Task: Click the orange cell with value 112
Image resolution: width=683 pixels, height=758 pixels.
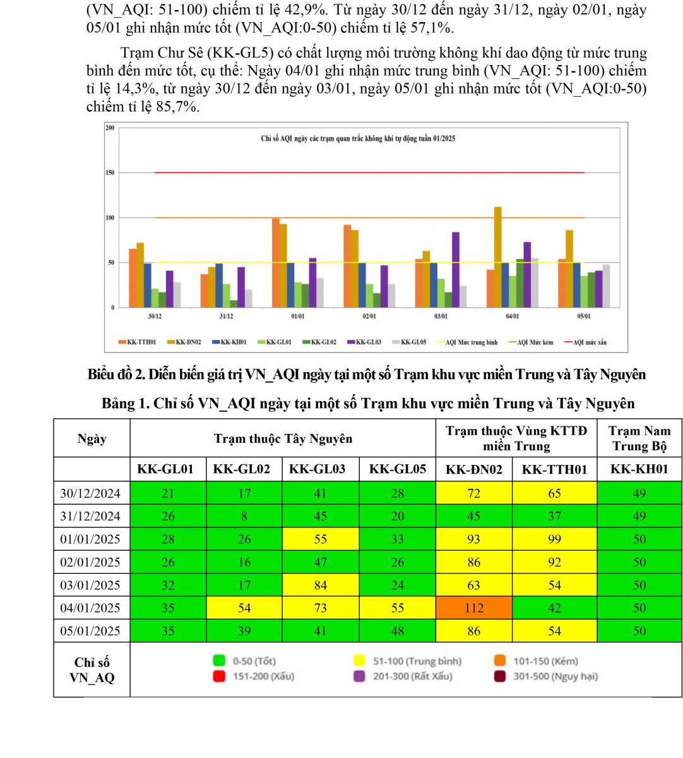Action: point(473,608)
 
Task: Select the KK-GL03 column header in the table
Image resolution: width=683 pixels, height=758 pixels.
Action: point(320,469)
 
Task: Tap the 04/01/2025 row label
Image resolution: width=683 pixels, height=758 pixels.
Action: point(90,608)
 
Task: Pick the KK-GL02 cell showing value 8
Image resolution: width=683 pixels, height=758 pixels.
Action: point(244,516)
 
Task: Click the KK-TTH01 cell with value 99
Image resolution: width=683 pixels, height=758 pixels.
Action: point(554,539)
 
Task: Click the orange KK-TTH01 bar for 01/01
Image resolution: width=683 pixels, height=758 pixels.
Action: point(276,262)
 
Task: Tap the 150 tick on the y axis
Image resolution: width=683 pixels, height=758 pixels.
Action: point(110,172)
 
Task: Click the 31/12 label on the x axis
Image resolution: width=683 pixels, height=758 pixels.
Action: point(226,316)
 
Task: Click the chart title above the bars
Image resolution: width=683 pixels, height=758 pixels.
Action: point(358,138)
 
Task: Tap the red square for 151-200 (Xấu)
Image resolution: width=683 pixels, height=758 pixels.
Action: point(219,677)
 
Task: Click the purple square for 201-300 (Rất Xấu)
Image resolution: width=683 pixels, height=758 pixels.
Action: point(359,677)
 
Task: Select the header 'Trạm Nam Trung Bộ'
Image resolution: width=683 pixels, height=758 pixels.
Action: point(639,438)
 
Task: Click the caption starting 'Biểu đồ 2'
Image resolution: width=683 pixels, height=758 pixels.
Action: point(367,375)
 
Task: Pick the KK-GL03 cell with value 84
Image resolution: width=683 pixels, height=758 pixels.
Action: point(320,585)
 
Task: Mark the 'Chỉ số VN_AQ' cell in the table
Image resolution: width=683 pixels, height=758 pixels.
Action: point(92,670)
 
